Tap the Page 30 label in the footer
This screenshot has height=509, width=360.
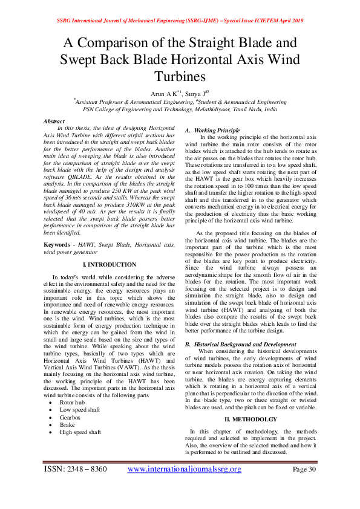(304, 469)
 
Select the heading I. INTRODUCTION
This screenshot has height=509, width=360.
(109, 264)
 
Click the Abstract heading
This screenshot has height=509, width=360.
(54, 122)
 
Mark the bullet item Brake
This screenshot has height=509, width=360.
(67, 425)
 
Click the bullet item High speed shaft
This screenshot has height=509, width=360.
(80, 433)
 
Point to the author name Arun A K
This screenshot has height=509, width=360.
(166, 94)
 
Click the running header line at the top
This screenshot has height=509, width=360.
(180, 20)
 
